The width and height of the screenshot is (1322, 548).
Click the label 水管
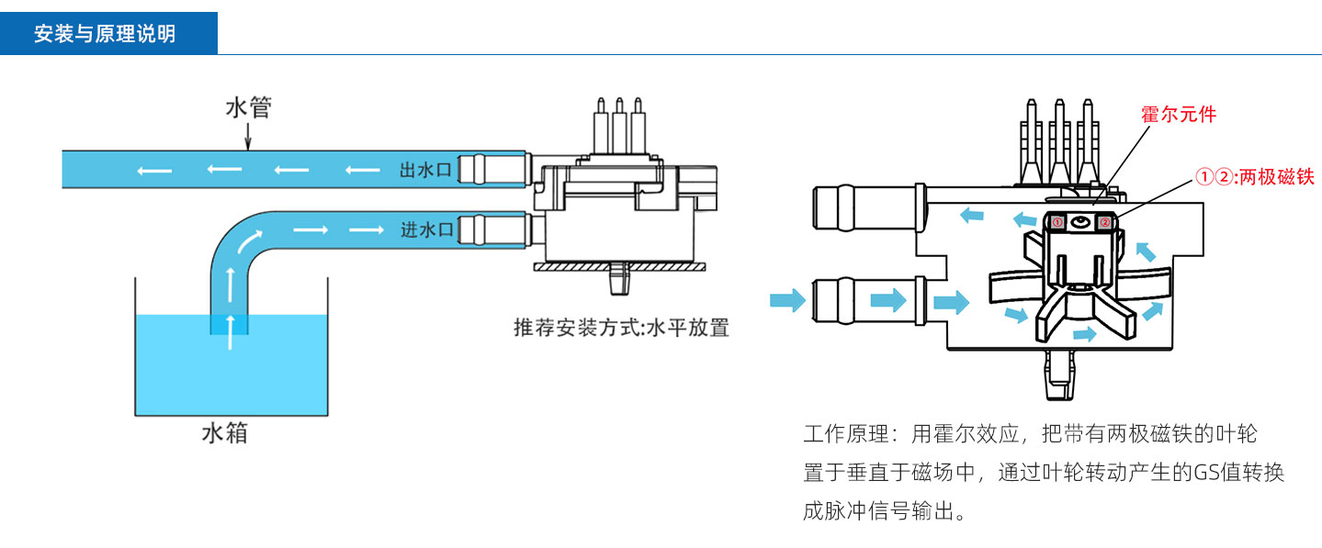click(248, 108)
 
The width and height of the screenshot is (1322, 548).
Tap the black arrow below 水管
click(248, 139)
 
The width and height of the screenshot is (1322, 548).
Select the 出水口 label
click(424, 170)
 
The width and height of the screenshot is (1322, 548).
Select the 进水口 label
click(424, 229)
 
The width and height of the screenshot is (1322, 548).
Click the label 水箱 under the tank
click(224, 433)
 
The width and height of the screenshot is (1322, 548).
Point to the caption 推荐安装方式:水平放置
click(621, 328)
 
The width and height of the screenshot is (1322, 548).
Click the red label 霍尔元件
click(1179, 115)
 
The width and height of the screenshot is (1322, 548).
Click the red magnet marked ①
click(1056, 222)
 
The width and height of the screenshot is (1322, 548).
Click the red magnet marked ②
click(1105, 222)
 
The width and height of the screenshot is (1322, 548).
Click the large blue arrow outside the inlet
click(786, 299)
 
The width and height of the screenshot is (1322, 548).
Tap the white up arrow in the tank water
click(230, 322)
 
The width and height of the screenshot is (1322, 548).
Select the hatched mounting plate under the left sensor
click(618, 267)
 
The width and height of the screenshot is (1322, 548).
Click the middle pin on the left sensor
click(619, 120)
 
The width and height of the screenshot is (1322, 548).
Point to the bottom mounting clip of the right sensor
click(1059, 376)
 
